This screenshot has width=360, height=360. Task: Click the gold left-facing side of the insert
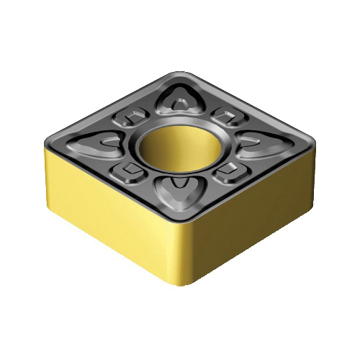108,216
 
